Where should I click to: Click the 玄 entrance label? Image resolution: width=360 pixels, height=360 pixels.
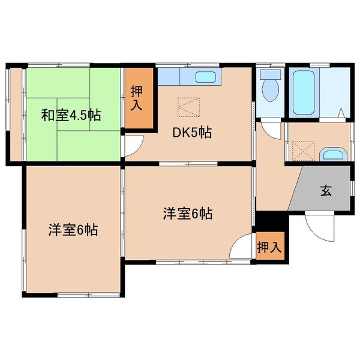(325, 191)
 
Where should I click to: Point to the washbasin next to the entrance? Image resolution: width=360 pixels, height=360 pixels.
(331, 154)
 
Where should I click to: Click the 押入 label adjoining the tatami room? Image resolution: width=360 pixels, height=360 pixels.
(137, 97)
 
